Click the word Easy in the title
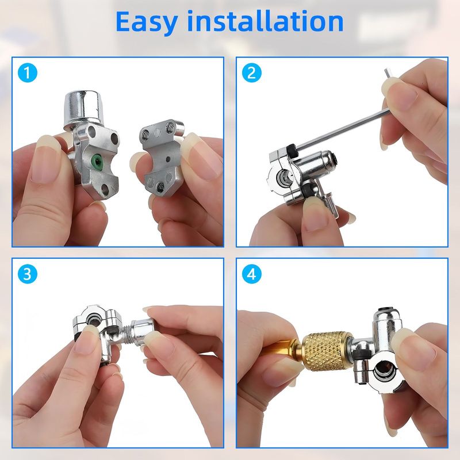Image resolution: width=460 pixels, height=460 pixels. coord(147,22)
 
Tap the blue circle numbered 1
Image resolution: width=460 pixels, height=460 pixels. coord(27,73)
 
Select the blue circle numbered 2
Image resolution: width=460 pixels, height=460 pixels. coord(252,73)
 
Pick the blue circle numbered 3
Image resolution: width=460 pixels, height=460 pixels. coord(27,274)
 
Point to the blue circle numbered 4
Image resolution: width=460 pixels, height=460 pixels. coord(252,274)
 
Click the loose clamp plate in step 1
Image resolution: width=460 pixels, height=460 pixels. coord(162,155)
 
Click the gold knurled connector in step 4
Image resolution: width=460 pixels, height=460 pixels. coord(327,351)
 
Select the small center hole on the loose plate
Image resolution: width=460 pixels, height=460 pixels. coord(168,159)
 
